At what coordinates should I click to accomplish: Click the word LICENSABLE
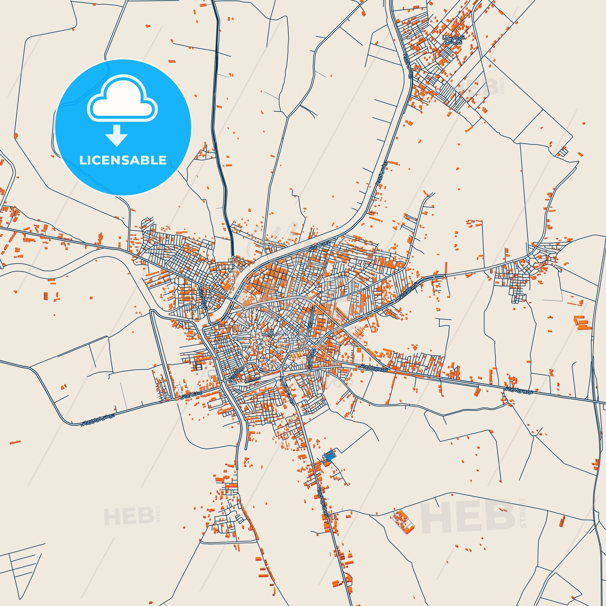[123, 160]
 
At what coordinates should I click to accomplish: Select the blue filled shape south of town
[328, 456]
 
